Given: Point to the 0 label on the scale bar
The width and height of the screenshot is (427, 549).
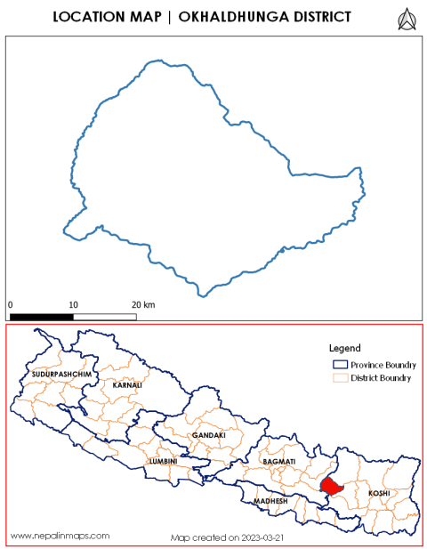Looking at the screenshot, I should (x=11, y=304).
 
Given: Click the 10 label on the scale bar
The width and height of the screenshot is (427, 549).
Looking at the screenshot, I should (x=74, y=304).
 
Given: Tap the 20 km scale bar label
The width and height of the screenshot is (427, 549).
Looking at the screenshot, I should (x=143, y=304).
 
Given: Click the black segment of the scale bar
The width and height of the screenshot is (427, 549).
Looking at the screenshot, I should (x=42, y=316).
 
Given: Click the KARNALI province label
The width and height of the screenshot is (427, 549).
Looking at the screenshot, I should (x=127, y=384).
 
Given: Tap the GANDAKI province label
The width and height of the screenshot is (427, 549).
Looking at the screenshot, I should (x=208, y=435).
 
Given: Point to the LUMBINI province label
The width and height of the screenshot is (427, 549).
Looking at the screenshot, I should (x=163, y=462).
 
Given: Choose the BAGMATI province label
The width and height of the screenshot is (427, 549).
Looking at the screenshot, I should (x=280, y=463).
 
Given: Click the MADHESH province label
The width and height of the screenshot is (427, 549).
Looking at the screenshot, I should (x=271, y=501).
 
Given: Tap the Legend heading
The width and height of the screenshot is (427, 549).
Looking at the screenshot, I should (x=343, y=348).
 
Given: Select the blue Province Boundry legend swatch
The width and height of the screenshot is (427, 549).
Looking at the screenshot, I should (x=338, y=365).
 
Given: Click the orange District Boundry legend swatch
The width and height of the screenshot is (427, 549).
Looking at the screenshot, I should (x=338, y=378).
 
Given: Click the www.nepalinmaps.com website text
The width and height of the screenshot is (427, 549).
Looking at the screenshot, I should (x=60, y=536).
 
